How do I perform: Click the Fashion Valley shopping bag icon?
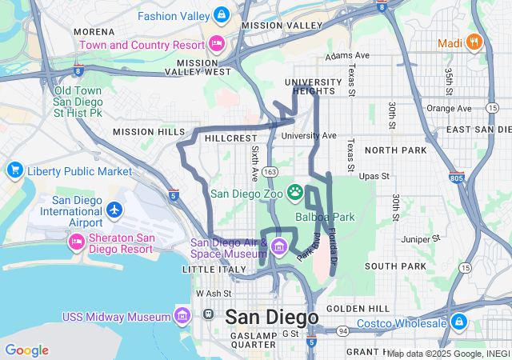tap(222, 15)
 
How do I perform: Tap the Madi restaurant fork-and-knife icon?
tap(474, 42)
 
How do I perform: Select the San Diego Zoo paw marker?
tap(295, 192)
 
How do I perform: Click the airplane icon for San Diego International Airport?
tap(115, 209)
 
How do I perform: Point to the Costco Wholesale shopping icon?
tap(459, 322)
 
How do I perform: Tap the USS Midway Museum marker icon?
tap(183, 317)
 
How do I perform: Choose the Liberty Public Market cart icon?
tap(14, 170)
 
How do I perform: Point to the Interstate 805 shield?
tap(457, 178)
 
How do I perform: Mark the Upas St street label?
tap(374, 176)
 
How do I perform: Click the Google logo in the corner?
tap(26, 350)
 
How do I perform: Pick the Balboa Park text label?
tap(325, 217)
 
